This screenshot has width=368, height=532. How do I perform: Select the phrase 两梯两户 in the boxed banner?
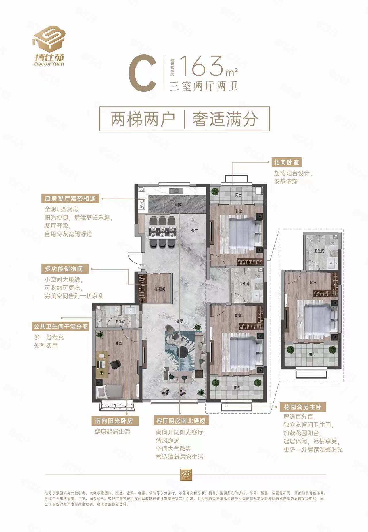pyautogui.click(x=143, y=119)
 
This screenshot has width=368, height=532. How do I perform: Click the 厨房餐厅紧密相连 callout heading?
pyautogui.click(x=70, y=199)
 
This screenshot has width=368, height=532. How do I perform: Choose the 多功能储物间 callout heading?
pyautogui.click(x=64, y=269)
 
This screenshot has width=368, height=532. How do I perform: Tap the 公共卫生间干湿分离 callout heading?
pyautogui.click(x=60, y=327)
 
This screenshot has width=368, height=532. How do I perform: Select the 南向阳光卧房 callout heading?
pyautogui.click(x=114, y=421)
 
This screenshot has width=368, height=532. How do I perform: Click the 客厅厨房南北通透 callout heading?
pyautogui.click(x=181, y=421)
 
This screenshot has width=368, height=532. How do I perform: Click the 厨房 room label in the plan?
pyautogui.click(x=178, y=205)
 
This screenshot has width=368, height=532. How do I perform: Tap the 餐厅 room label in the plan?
pyautogui.click(x=195, y=230)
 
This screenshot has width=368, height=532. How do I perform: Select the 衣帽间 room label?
pyautogui.click(x=160, y=289)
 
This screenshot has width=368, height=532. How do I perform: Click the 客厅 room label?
pyautogui.click(x=179, y=321)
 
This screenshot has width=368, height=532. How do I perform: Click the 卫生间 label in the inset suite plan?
pyautogui.click(x=319, y=251)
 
